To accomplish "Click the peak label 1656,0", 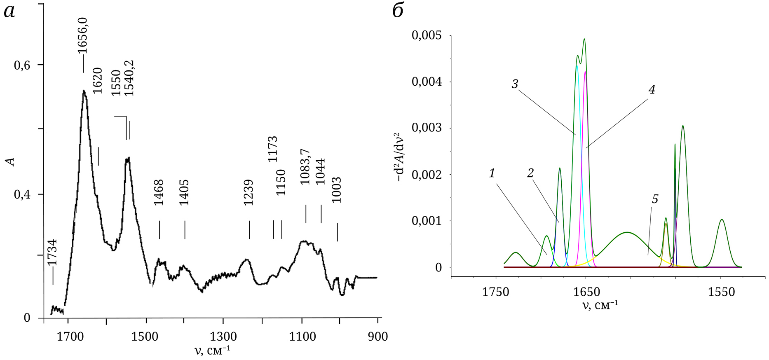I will click(82, 39).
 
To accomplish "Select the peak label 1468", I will click(159, 192).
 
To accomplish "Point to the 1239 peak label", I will click(248, 192).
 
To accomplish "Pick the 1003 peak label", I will click(337, 190).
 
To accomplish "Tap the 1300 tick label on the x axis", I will click(223, 337).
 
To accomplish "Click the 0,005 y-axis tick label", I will click(426, 35).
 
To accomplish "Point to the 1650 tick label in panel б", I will click(586, 292).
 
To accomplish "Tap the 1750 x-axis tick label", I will click(496, 292).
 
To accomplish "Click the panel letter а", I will click(9, 12).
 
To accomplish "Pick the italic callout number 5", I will click(655, 199).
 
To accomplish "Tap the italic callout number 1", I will click(492, 173).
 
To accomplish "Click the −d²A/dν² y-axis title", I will click(400, 157).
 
